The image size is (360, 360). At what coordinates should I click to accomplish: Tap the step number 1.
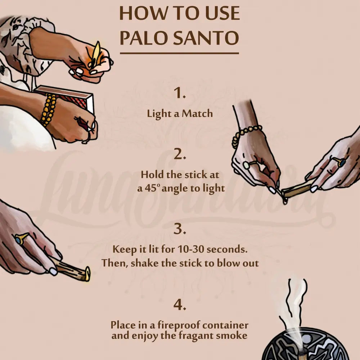(x=180, y=93)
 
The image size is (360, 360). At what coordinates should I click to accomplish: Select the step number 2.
(x=180, y=154)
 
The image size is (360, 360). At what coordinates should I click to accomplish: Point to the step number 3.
(x=180, y=229)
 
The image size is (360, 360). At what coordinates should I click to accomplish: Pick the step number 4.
(x=180, y=305)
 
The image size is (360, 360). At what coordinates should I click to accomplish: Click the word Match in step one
(x=197, y=114)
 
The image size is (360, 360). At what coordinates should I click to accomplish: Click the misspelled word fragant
(x=196, y=336)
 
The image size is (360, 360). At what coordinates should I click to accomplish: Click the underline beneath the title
(x=179, y=53)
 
